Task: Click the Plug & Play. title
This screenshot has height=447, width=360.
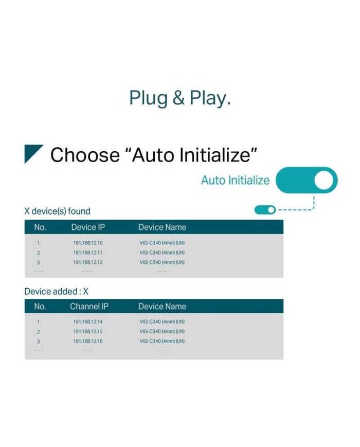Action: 180,98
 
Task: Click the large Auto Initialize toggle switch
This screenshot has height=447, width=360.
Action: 307,180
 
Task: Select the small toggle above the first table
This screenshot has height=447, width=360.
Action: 265,210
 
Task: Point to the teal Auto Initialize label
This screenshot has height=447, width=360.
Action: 235,181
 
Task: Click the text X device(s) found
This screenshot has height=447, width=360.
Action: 57,211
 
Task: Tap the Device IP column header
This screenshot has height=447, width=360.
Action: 88,227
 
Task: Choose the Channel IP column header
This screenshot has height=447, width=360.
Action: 89,307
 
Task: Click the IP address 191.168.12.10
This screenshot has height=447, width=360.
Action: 88,243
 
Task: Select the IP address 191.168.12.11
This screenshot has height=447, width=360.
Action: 88,253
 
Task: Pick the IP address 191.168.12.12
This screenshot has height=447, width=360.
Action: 88,262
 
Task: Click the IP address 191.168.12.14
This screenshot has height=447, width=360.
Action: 88,321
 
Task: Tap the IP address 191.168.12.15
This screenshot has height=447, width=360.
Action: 88,331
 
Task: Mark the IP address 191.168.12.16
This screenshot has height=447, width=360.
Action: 88,341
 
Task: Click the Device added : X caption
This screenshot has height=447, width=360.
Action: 57,291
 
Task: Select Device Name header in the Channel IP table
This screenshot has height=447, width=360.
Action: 162,307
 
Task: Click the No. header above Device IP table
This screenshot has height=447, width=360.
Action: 40,227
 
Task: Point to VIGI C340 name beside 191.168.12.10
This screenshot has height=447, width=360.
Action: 162,243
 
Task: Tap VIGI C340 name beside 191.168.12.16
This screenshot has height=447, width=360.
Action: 162,341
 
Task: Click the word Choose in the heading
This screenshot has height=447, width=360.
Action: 85,155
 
